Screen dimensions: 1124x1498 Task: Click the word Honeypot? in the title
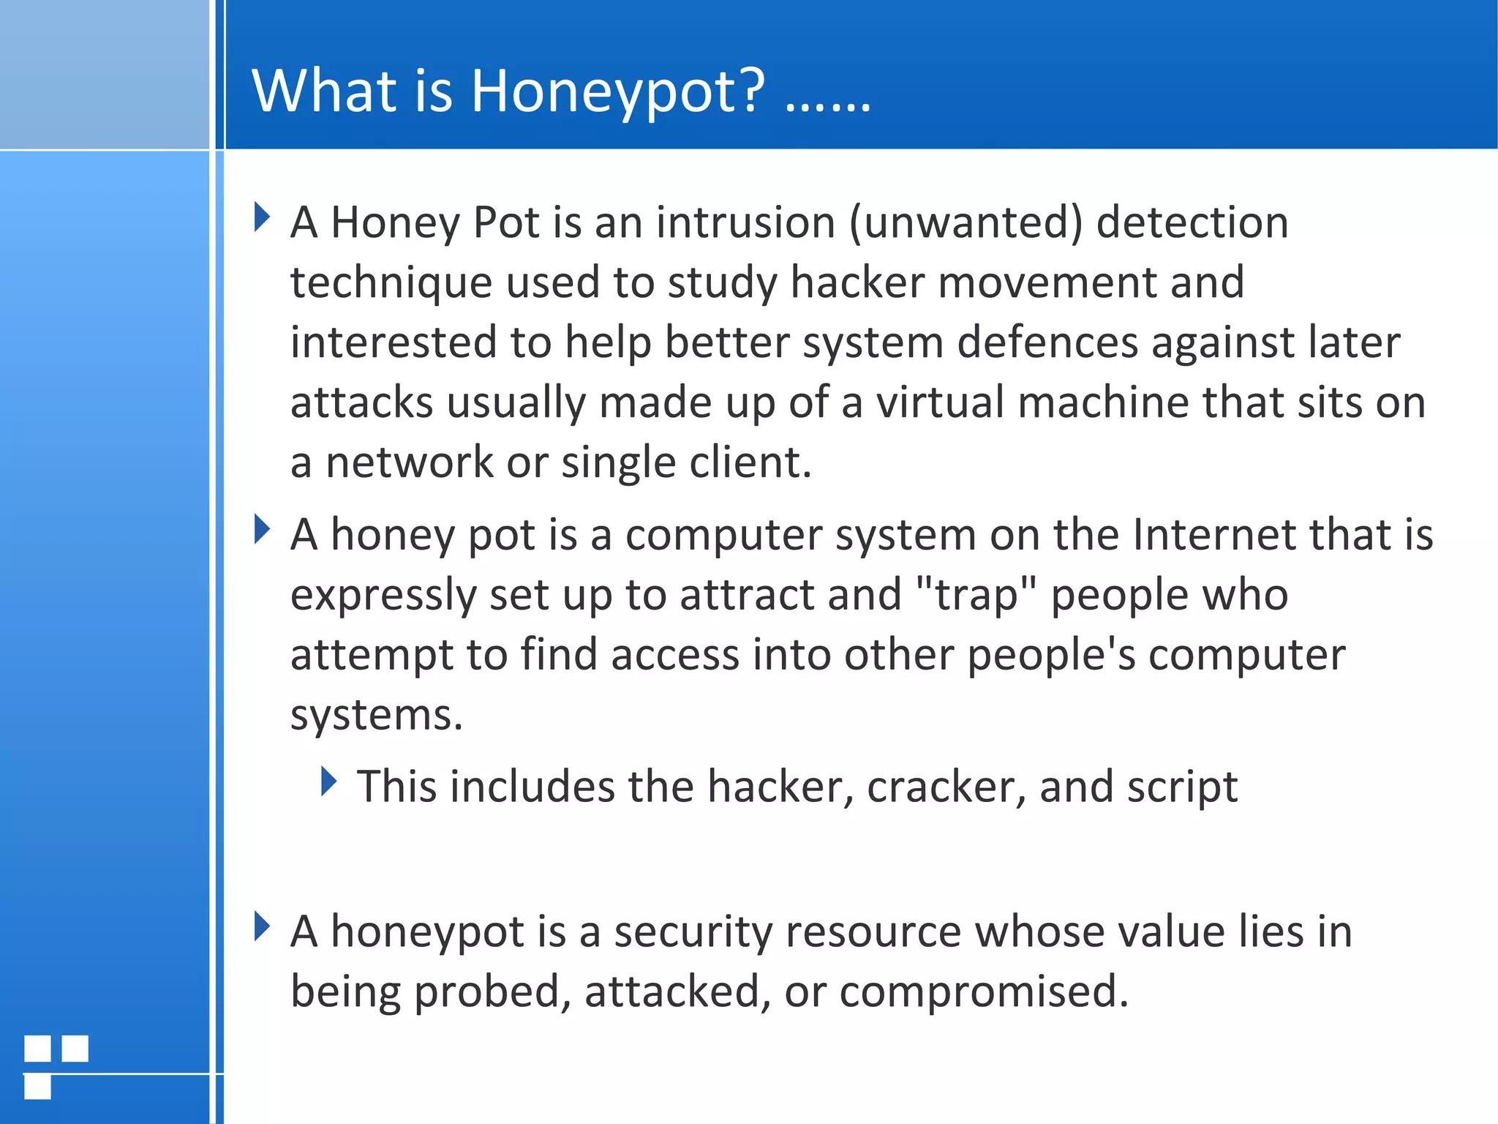617,91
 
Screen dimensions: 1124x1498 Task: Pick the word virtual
940,402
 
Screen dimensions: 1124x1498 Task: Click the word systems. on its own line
377,715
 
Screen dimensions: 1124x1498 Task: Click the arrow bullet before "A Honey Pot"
262,217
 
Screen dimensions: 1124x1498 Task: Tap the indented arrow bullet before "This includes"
329,782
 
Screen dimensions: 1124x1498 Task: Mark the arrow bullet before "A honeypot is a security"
262,926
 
